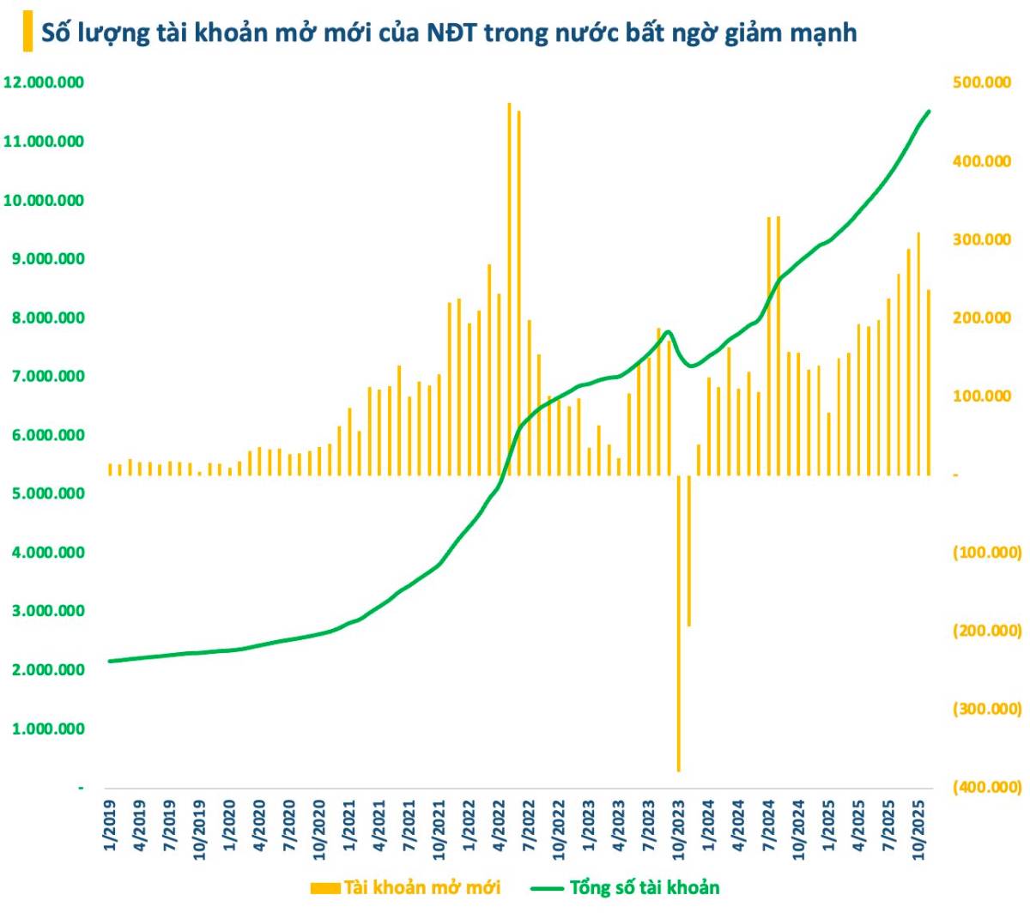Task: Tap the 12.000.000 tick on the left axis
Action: tap(45, 82)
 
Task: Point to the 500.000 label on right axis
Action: tap(982, 82)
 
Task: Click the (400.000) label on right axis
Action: tap(987, 787)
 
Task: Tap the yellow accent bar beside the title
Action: tap(27, 33)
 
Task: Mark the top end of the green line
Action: tap(929, 111)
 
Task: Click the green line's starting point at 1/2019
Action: tap(110, 661)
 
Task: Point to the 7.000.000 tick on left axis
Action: tap(45, 376)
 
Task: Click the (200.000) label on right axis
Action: tap(987, 631)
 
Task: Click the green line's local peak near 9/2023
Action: tap(669, 331)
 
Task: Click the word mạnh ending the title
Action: tap(824, 33)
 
